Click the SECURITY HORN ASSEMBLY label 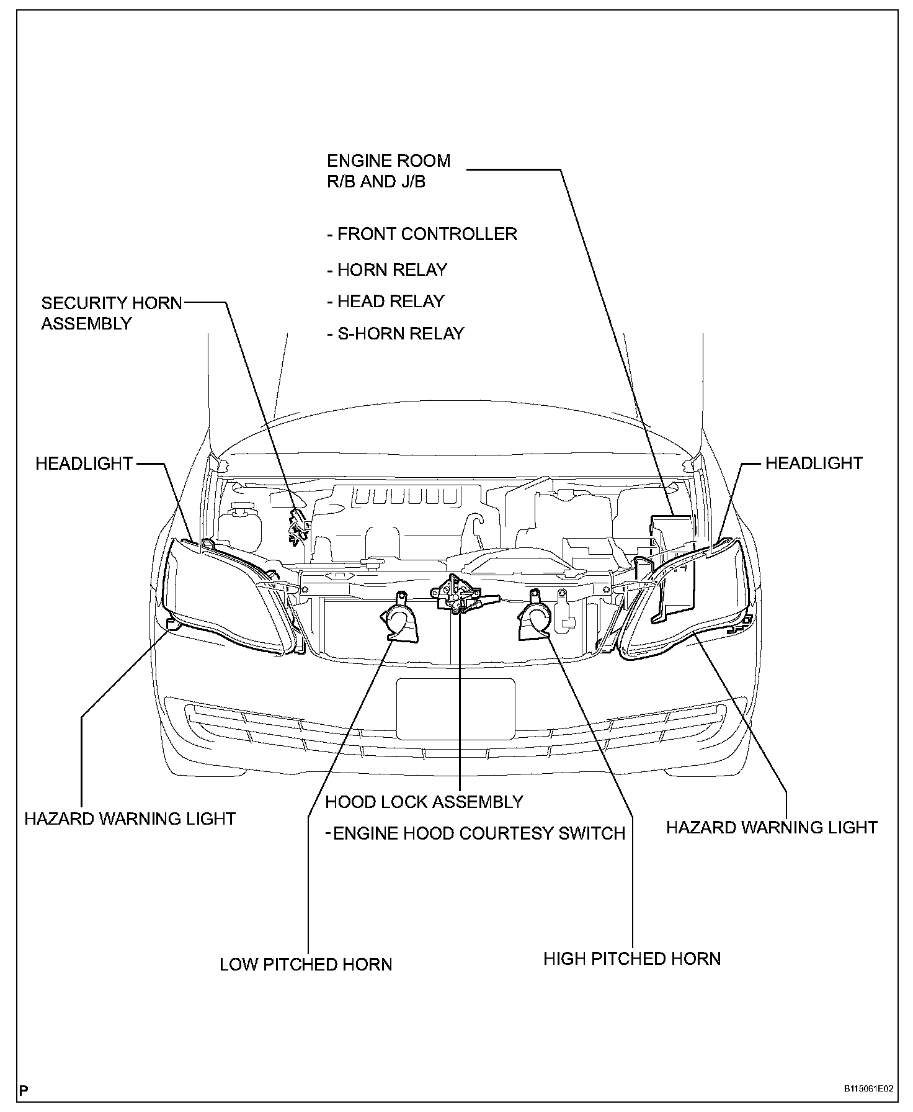112,313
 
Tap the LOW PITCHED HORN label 306,964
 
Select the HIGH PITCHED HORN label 632,959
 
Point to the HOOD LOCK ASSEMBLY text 424,802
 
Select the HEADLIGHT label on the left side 84,464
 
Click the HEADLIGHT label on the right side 814,464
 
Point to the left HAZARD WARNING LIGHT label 130,818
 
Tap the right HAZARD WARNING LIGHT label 772,827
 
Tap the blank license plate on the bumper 455,709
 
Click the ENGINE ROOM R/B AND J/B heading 388,171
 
